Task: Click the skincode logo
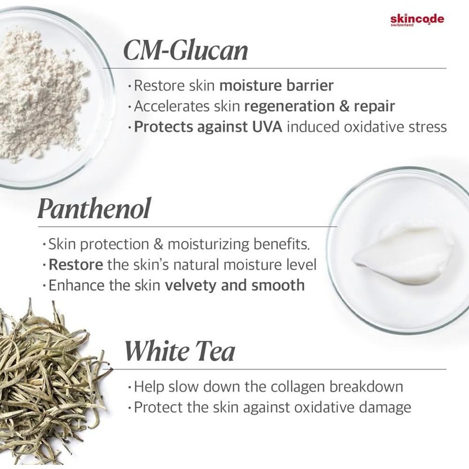(x=417, y=21)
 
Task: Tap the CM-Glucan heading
(x=186, y=50)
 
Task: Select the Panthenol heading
(x=94, y=209)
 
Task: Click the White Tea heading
(x=179, y=351)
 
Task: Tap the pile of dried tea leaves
(x=51, y=377)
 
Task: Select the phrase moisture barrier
(x=276, y=86)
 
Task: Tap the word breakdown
(x=366, y=386)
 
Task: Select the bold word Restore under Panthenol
(x=76, y=265)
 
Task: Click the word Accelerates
(x=172, y=107)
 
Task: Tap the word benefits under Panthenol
(x=281, y=244)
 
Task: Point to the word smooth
(x=278, y=285)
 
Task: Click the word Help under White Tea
(x=149, y=387)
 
